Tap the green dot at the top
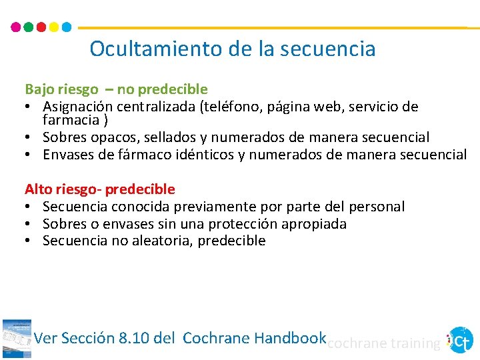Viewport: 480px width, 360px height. tap(29, 28)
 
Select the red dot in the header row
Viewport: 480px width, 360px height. tap(41, 28)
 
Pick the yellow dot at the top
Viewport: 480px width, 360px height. tap(54, 28)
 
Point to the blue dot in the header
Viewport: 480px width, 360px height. tap(67, 28)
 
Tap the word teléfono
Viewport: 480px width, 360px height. tap(234, 107)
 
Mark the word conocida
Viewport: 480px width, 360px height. tap(141, 207)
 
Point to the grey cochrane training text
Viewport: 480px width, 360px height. tap(384, 343)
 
